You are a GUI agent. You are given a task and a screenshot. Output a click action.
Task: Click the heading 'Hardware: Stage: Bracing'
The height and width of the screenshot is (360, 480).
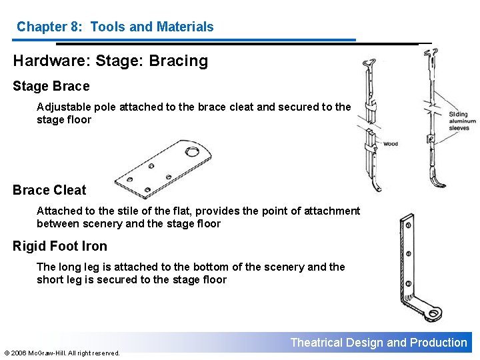coord(111,61)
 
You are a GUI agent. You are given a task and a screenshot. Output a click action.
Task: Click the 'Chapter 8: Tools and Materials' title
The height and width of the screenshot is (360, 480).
coord(115,27)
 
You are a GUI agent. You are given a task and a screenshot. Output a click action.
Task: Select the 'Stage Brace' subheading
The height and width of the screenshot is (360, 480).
coord(51,86)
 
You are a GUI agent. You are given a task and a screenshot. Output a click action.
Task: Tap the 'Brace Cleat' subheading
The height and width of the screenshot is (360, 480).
coord(49,190)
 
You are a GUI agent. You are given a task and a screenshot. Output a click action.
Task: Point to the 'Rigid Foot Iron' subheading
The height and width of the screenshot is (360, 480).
coord(60,246)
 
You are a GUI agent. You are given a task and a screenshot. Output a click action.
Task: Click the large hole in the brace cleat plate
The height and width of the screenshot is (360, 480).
coord(192,152)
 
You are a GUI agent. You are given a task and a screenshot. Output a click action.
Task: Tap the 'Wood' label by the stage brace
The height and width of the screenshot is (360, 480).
coord(390,144)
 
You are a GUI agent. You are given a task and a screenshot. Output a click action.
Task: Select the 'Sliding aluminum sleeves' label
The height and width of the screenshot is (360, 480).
coord(463,121)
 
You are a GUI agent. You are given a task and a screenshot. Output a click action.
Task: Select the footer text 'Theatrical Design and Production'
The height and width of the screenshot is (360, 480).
coord(379,343)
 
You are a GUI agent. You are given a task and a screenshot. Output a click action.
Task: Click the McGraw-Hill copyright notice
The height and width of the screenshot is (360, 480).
coord(62,353)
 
